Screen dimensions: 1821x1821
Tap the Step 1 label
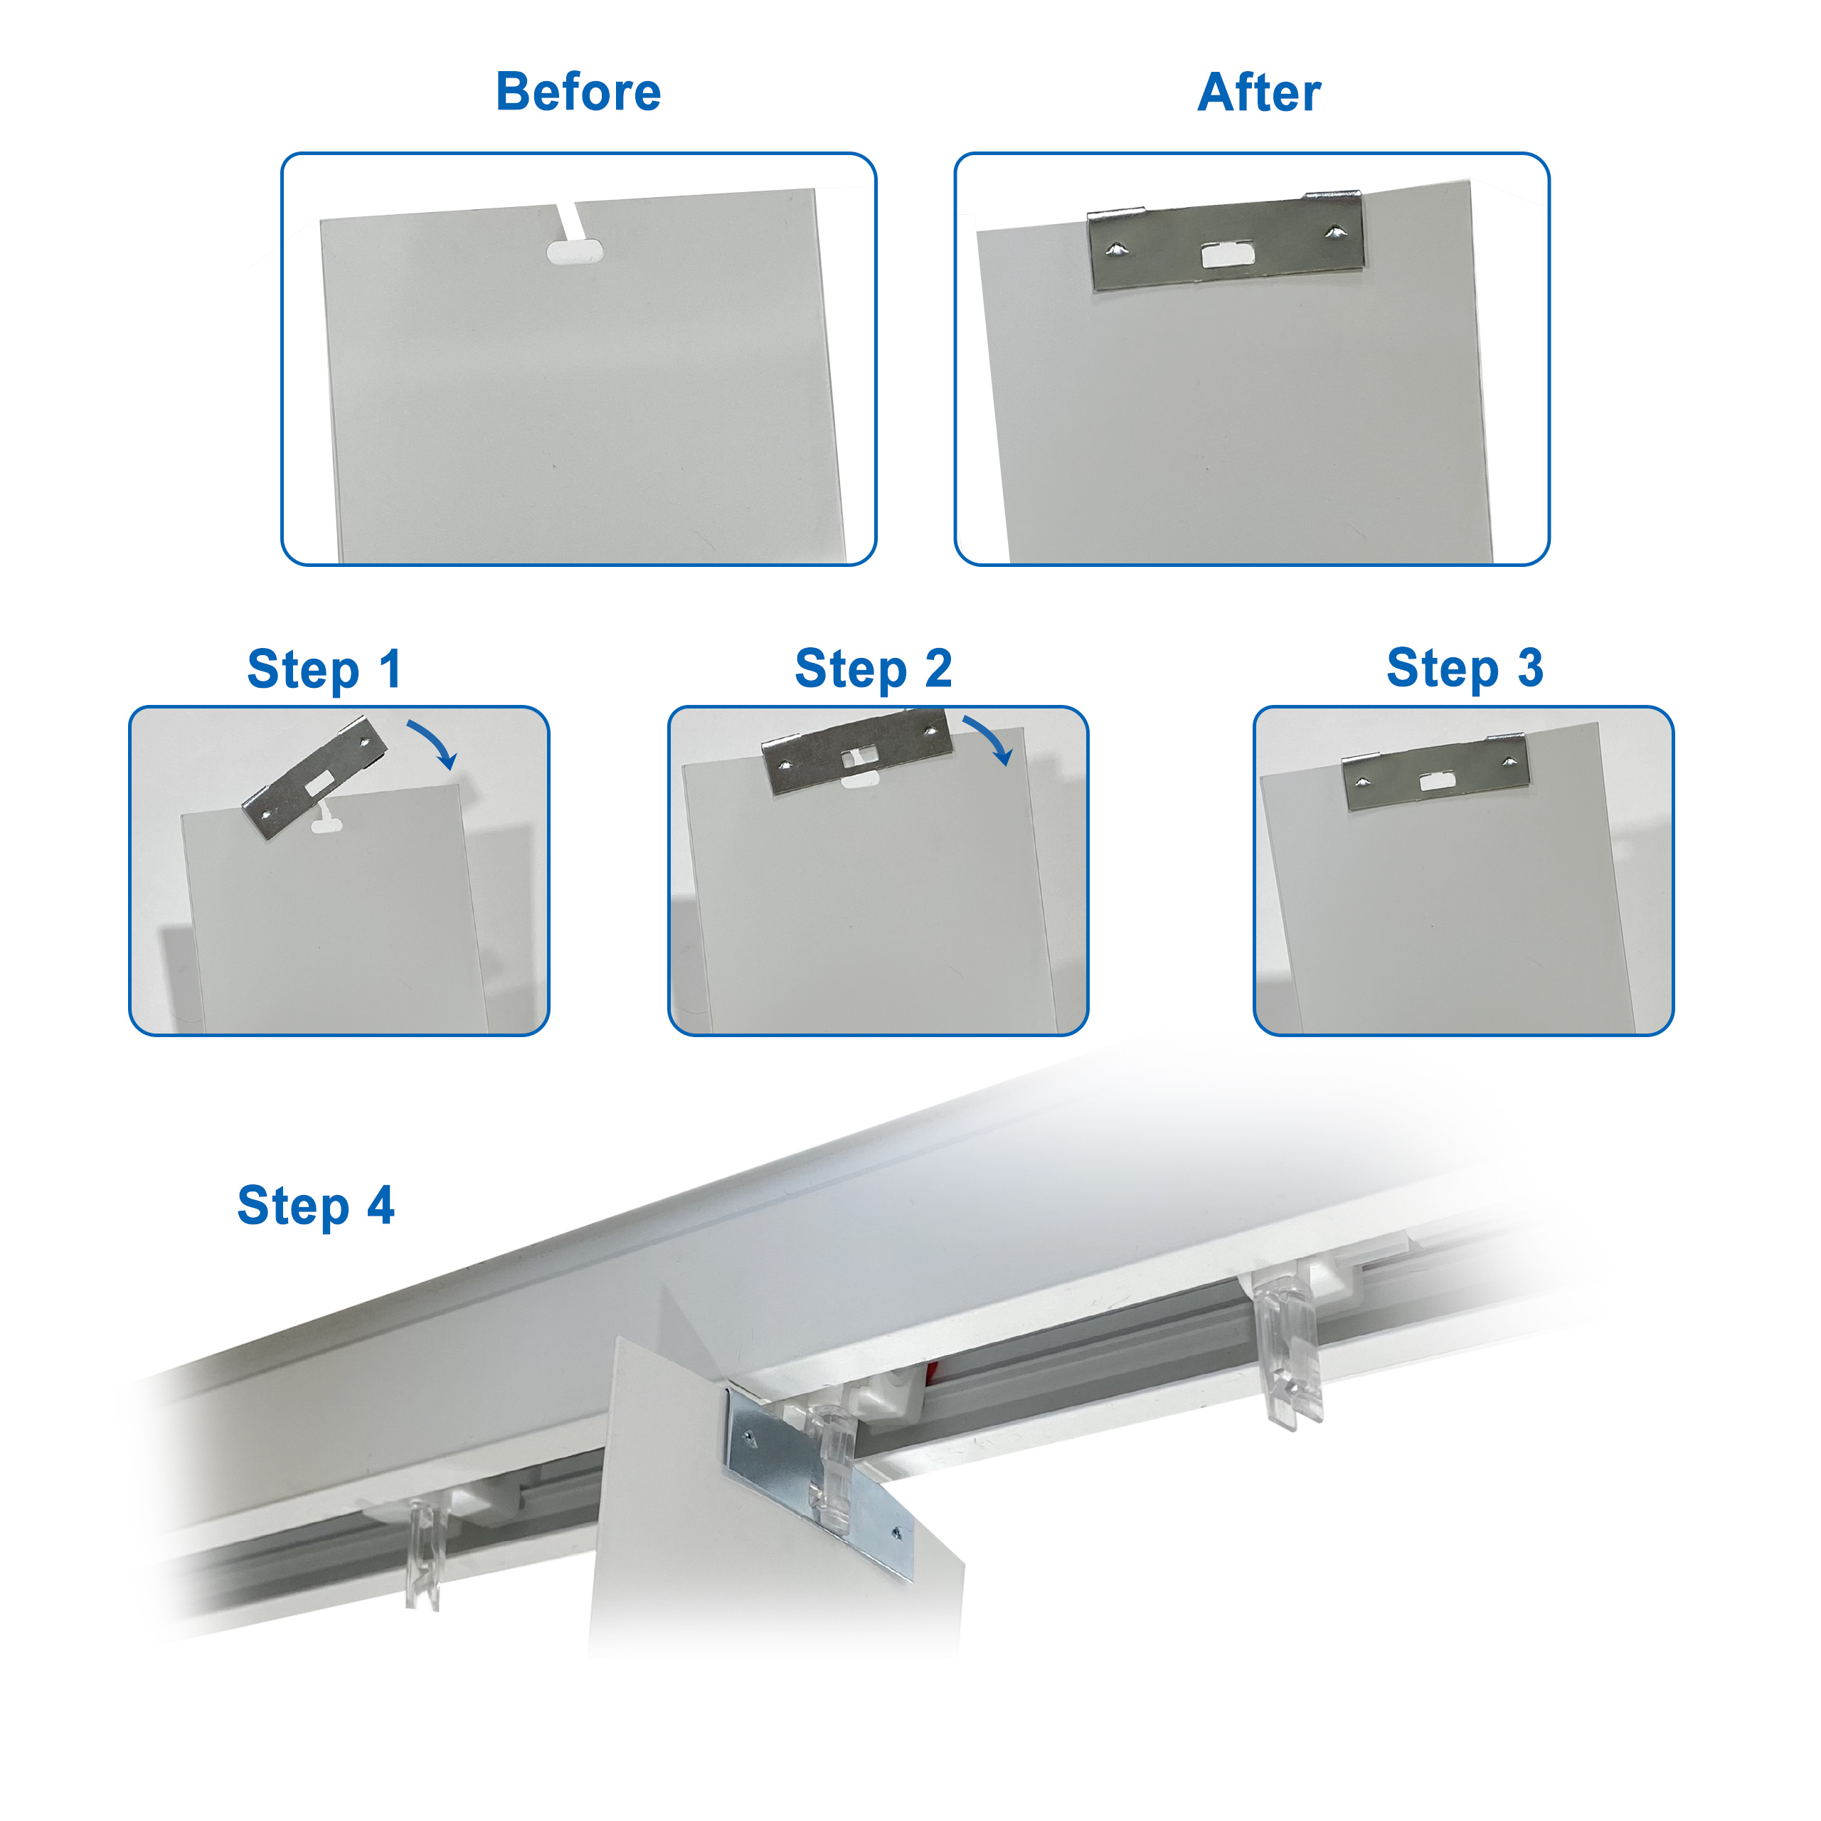324,670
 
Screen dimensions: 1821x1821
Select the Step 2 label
873,669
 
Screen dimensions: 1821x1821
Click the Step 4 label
316,1206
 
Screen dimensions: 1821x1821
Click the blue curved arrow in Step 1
435,743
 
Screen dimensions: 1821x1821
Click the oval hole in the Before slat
575,252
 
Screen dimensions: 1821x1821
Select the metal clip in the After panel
1226,240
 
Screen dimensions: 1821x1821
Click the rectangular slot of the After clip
1227,255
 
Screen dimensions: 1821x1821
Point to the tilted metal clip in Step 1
315,778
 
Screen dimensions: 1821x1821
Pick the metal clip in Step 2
856,751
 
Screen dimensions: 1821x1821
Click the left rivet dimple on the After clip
1116,249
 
